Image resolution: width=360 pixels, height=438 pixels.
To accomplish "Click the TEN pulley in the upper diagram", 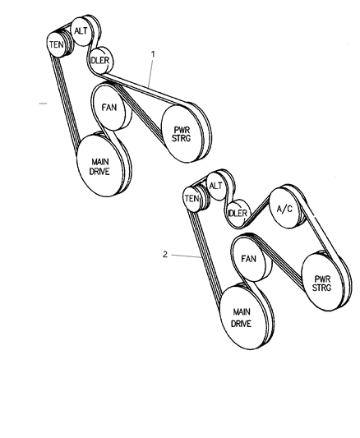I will click(57, 44).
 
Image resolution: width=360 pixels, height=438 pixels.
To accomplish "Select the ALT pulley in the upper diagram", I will click(81, 31).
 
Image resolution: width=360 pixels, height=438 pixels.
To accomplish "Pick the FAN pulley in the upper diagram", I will click(109, 108).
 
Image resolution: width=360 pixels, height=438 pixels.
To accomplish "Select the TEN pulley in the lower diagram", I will click(192, 199).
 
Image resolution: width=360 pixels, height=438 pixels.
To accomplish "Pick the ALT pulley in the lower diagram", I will click(215, 186).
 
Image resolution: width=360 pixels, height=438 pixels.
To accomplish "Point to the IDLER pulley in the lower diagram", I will click(237, 214).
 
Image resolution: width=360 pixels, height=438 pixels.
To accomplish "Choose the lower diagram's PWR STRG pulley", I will click(322, 283).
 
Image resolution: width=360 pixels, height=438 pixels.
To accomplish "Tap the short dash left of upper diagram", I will click(44, 104).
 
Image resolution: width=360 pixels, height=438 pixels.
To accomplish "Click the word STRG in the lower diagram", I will click(322, 289).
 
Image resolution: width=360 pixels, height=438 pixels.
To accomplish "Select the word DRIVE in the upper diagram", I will click(101, 171).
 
